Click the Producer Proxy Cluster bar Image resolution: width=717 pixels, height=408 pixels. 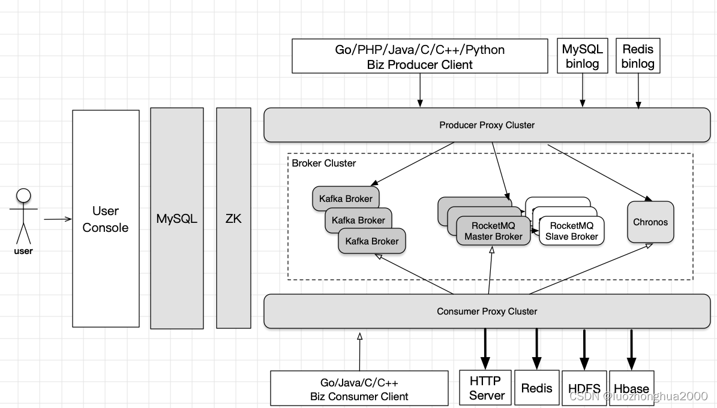(487, 125)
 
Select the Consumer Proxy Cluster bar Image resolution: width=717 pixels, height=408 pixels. (487, 312)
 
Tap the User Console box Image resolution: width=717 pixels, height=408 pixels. (106, 219)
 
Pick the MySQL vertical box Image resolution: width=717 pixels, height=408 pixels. (177, 219)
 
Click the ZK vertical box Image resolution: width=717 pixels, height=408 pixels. (233, 219)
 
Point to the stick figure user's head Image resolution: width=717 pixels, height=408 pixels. (23, 195)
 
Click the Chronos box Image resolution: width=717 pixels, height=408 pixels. (650, 222)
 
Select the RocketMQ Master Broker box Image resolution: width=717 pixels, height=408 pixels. (493, 231)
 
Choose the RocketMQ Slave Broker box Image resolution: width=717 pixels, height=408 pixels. (571, 231)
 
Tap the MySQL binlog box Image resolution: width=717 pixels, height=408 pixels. (582, 56)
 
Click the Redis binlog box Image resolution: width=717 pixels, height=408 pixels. (638, 56)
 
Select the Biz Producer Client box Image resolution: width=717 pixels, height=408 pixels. (420, 56)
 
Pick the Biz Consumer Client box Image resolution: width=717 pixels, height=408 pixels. (359, 388)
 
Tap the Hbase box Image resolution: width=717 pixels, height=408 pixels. (631, 388)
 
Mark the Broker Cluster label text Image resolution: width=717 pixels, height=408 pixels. (324, 163)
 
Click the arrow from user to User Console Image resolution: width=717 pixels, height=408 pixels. (58, 219)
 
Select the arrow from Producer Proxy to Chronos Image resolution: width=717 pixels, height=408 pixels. (600, 172)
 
